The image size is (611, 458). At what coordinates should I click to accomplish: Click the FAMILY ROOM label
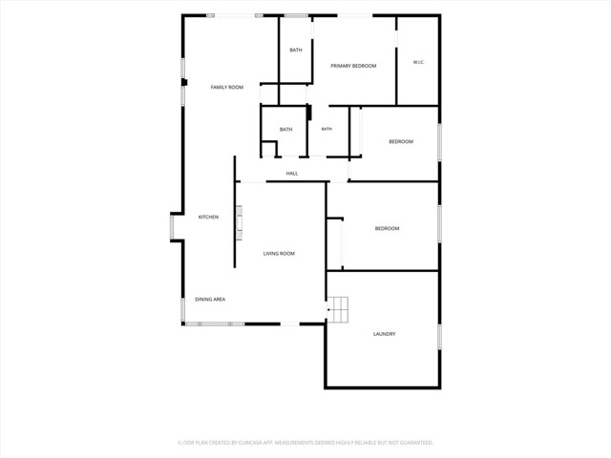click(227, 87)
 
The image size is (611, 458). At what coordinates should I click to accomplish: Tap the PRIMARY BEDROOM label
click(353, 66)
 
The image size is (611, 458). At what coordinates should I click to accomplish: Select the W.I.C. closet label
click(418, 62)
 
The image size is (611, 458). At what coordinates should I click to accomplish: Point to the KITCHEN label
click(208, 217)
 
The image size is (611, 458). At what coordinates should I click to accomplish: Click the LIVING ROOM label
click(279, 254)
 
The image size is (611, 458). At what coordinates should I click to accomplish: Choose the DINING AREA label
click(210, 300)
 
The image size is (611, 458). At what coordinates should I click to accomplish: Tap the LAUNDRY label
click(384, 334)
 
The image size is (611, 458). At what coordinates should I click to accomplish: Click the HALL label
click(292, 174)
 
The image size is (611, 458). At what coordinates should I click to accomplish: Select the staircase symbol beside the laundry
click(337, 309)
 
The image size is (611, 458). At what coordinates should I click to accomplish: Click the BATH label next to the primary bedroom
click(296, 50)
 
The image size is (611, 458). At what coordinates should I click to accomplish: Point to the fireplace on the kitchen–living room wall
click(239, 222)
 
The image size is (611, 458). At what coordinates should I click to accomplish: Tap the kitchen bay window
click(172, 227)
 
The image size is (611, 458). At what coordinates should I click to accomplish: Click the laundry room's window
click(439, 337)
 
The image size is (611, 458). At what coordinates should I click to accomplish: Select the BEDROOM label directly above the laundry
click(387, 229)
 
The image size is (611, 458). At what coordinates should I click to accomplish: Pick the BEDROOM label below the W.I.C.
click(401, 142)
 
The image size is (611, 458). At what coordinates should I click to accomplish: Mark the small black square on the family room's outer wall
click(184, 83)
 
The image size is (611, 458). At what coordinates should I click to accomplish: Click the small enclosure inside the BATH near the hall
click(269, 149)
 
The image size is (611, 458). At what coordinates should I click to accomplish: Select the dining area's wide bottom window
click(215, 324)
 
